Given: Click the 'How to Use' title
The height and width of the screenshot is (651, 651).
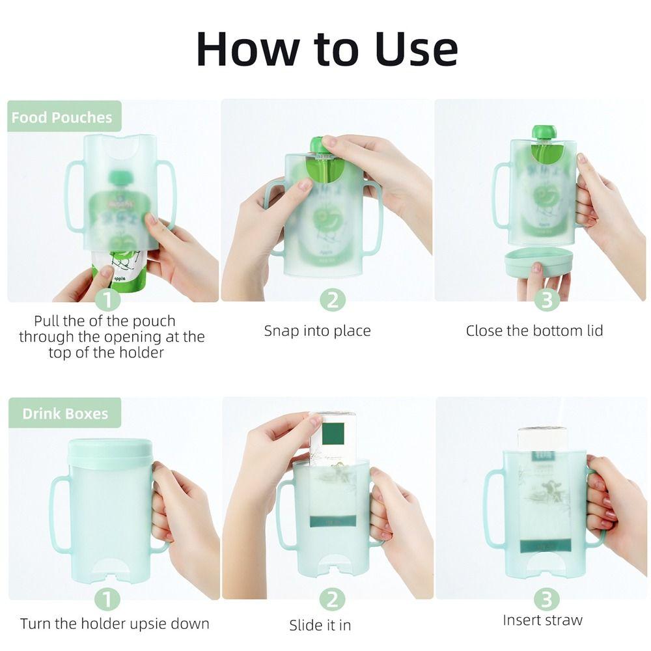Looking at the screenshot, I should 327,49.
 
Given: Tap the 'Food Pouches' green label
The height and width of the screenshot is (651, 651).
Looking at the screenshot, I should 62,117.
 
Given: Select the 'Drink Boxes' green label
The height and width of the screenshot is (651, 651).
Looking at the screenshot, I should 65,413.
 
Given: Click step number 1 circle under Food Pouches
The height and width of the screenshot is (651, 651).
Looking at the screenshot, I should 107,300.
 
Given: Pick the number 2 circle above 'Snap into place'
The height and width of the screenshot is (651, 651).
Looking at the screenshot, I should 332,300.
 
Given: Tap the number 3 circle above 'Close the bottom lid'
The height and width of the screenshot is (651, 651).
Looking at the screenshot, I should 547,300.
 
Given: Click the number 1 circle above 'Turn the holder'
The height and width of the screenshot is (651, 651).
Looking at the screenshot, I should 107,599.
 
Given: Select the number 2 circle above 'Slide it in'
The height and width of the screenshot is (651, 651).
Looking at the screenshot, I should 332,599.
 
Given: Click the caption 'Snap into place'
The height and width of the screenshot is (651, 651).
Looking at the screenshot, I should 317,331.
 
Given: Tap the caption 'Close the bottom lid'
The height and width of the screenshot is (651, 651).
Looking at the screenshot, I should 534,331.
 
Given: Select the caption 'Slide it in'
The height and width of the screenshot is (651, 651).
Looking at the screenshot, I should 320,625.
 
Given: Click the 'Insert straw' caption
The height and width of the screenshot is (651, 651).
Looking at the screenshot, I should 542,620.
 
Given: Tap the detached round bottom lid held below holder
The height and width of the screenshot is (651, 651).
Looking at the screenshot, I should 538,260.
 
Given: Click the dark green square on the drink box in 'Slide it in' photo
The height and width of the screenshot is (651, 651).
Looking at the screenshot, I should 333,434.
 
